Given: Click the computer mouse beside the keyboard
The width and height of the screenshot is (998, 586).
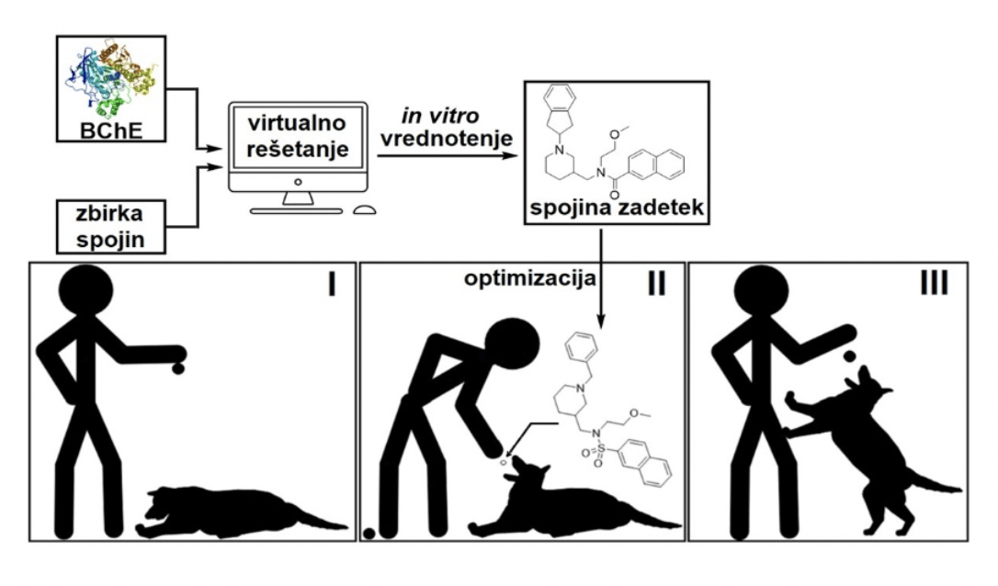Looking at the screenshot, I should pyautogui.click(x=364, y=208).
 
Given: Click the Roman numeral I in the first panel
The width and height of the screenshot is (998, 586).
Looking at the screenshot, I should pyautogui.click(x=327, y=285).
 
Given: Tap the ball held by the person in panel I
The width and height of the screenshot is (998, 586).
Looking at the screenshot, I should pyautogui.click(x=177, y=367).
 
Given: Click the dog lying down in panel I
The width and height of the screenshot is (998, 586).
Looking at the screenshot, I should pyautogui.click(x=239, y=508).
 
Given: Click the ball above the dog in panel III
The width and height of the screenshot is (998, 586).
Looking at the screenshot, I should pyautogui.click(x=851, y=355).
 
